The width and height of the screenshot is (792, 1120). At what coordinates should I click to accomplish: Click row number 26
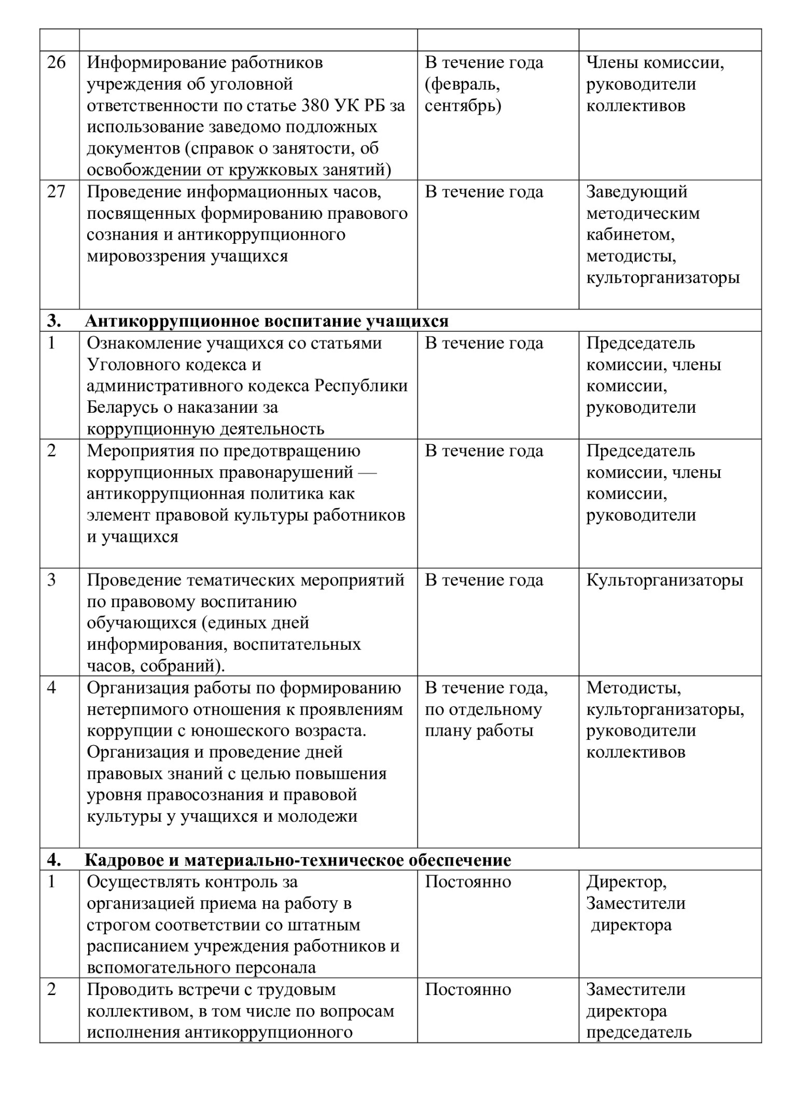[x=57, y=63]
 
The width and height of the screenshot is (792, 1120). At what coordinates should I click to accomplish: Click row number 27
[x=57, y=192]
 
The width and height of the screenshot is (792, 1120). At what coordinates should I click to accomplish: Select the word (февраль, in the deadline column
[x=463, y=84]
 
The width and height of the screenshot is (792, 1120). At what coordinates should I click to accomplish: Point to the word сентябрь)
[x=463, y=105]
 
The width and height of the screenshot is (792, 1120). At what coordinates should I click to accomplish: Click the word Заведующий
[x=636, y=192]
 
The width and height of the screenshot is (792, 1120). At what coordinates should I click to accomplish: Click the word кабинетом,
[x=630, y=235]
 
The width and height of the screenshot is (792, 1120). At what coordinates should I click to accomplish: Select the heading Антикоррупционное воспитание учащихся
[x=266, y=321]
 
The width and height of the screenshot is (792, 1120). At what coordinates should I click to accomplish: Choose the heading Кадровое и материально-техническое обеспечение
[x=297, y=860]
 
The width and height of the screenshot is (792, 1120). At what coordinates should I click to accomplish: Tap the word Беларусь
[x=123, y=407]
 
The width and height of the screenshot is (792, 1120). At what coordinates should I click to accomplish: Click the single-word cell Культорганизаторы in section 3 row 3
[x=664, y=580]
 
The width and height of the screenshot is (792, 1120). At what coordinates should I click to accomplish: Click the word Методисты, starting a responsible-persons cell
[x=633, y=688]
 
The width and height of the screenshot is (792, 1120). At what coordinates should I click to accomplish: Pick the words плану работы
[x=479, y=731]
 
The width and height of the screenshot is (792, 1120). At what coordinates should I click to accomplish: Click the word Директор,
[x=626, y=882]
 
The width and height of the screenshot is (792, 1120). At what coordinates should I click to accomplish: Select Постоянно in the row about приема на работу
[x=468, y=882]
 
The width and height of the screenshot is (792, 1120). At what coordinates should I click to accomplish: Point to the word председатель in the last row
[x=638, y=1032]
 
